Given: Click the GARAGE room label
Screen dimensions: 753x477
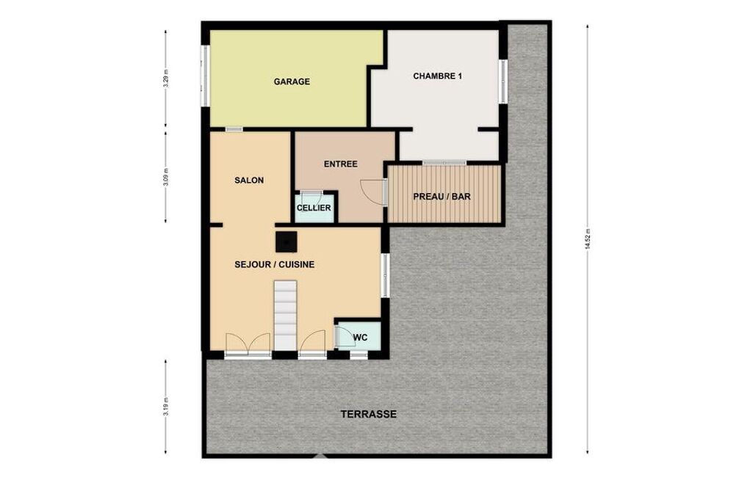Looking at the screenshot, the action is pos(292,81).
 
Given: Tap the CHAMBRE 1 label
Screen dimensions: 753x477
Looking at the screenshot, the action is pos(438,76).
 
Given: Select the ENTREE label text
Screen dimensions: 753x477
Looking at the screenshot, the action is pos(340,164).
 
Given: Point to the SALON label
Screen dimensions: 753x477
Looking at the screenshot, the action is pos(249,181).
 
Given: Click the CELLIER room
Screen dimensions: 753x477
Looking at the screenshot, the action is pos(314,208).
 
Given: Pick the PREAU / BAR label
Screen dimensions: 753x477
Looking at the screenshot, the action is pos(442,197).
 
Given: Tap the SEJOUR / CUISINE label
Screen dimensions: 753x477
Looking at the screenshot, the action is pos(274,264).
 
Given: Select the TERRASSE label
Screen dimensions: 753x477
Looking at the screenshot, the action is pos(368,414).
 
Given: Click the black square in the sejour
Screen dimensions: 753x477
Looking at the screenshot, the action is pos(287,242).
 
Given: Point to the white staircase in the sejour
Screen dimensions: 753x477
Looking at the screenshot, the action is pos(285,316).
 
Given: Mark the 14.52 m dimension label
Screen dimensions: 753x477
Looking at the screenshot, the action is pos(587,240).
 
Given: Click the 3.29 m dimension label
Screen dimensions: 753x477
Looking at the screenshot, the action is pos(166,79).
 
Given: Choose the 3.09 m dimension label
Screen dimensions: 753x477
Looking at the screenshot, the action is pos(166,177).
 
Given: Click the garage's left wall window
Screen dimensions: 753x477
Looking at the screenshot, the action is pos(204,76).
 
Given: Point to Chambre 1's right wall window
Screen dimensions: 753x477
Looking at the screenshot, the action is pos(502,81).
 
